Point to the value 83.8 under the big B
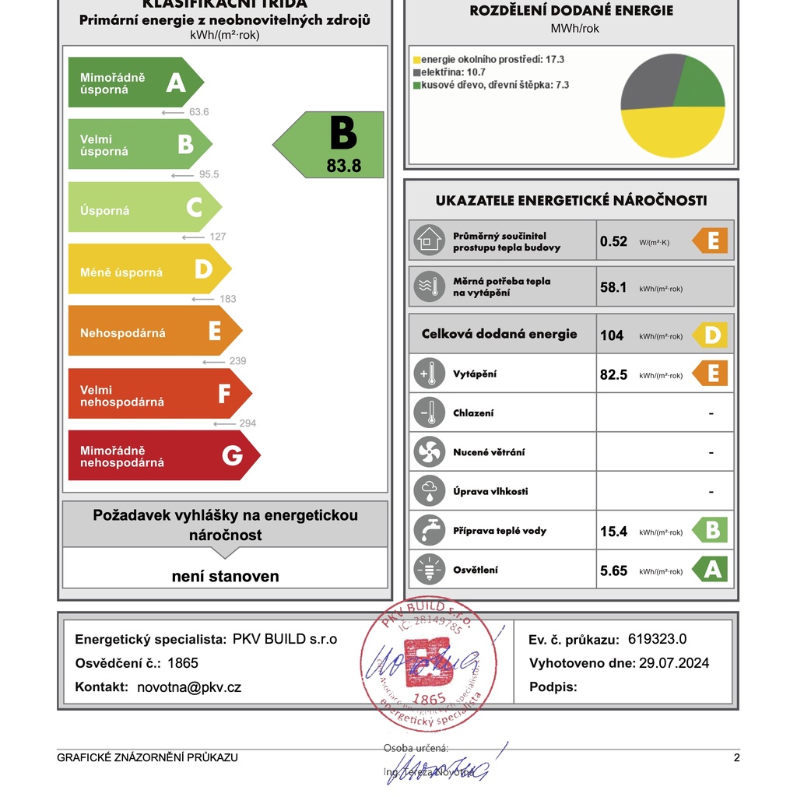pos(344,165)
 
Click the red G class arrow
pos(163,455)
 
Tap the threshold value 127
pos(218,237)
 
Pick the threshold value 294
pos(248,423)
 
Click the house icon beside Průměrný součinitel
pos(428,241)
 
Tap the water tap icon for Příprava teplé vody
pos(428,531)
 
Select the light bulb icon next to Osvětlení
pos(428,570)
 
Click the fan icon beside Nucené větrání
pos(428,452)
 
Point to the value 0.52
pos(613,241)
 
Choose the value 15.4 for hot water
pos(613,532)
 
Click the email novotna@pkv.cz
pos(189,687)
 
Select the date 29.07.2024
pos(674,663)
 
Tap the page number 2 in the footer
pos(736,758)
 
